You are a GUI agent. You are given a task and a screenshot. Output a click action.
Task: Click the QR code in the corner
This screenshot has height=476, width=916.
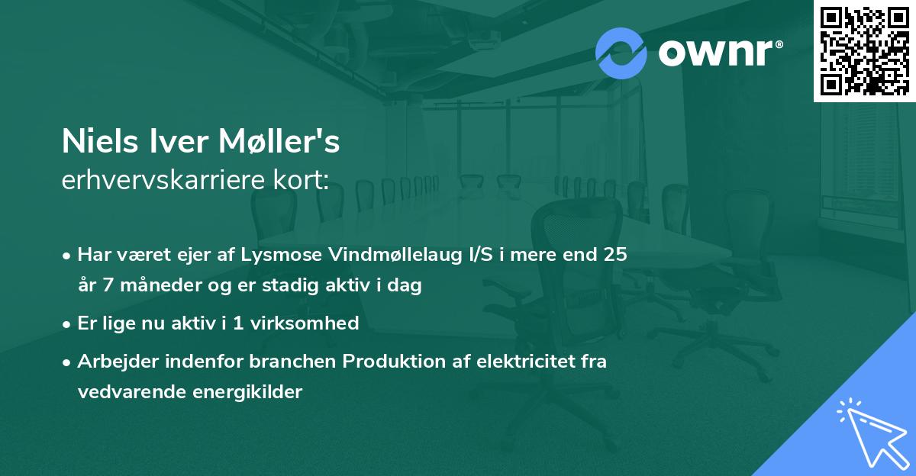pyautogui.click(x=864, y=50)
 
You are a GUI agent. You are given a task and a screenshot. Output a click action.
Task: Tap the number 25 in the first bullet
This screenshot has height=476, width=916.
pyautogui.click(x=615, y=254)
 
